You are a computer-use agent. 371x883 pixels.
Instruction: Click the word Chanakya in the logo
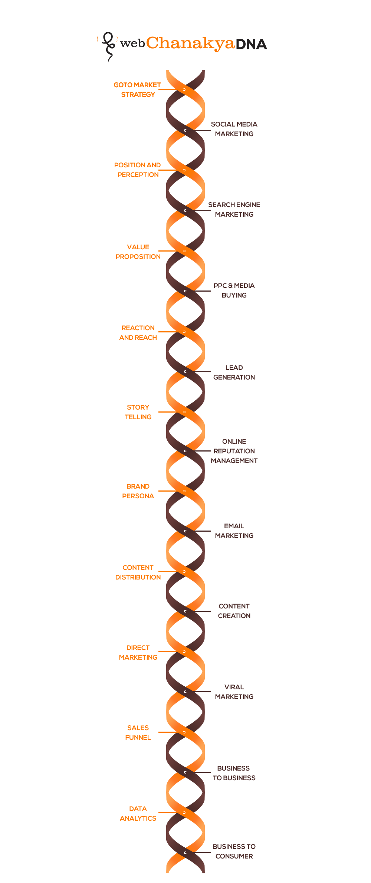190,44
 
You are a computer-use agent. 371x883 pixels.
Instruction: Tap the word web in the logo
132,44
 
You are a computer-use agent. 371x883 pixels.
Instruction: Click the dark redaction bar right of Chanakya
252,44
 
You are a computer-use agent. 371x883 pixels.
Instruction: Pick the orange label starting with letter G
138,89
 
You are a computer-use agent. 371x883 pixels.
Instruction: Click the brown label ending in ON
234,372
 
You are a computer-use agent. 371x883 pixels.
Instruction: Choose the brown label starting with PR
234,290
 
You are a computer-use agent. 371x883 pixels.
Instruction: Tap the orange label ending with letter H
138,332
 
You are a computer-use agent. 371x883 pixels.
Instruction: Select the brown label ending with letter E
234,210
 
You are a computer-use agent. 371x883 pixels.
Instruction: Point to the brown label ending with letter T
234,450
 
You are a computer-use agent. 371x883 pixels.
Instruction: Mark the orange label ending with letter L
138,733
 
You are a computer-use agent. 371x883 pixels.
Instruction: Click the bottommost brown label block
234,852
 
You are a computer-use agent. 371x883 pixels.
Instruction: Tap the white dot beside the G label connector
184,89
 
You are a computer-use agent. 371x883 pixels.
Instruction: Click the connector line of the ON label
206,371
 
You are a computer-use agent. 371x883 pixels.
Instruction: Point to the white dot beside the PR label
185,291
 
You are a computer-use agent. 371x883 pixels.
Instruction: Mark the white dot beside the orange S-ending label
184,813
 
